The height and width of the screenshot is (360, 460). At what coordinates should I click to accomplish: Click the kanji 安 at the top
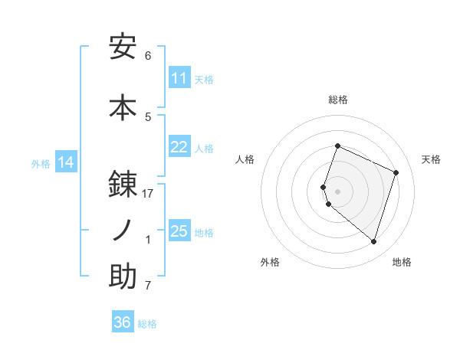pos(123,47)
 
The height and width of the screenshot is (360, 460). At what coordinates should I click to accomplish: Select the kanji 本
pos(123,108)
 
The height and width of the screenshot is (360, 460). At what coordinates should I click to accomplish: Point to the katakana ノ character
pos(123,230)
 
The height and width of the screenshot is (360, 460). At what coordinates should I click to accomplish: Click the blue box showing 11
pos(179,78)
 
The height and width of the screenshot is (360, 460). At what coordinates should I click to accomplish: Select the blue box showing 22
pos(179,147)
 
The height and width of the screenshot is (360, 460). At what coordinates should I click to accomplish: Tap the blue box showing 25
pos(179,231)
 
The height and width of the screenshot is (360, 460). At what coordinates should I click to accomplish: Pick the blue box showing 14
pos(66,162)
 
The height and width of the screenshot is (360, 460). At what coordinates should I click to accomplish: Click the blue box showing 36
pos(123,322)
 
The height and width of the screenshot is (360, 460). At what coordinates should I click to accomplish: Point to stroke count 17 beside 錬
pos(148,194)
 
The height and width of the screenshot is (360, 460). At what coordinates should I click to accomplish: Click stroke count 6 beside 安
pos(148,56)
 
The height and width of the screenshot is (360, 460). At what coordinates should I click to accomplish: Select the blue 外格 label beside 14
pos(41,163)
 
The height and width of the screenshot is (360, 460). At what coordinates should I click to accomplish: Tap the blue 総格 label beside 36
pos(147,324)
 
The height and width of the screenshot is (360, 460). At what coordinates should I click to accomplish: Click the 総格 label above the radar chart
pos(338,100)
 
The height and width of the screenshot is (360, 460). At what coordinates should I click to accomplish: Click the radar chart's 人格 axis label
pos(245,159)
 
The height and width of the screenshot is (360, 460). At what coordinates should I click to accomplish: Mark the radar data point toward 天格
pos(396,172)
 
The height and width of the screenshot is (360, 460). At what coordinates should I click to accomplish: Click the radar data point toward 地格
pos(373,241)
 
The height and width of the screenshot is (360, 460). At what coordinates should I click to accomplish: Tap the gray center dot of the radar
pos(338,191)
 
